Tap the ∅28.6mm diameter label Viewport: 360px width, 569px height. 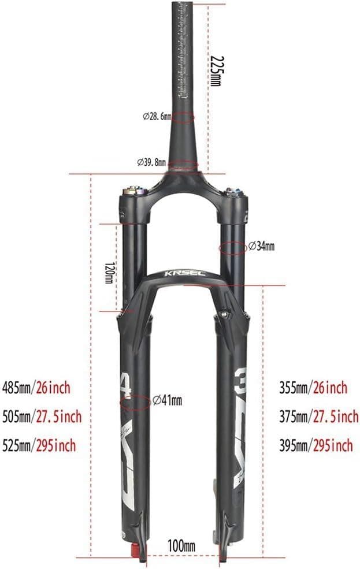(157, 116)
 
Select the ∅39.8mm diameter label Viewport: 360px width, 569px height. (151, 162)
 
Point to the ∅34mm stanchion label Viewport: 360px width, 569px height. (261, 247)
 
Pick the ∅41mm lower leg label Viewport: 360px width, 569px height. (167, 400)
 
